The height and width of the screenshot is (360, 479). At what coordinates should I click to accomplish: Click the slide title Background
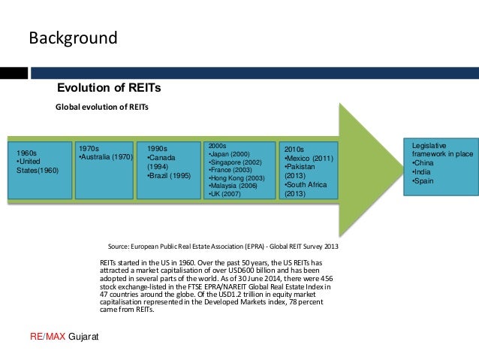click(x=73, y=38)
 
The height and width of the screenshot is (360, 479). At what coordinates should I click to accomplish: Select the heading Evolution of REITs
click(x=114, y=88)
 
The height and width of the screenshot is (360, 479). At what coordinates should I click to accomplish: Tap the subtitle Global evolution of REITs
click(x=103, y=107)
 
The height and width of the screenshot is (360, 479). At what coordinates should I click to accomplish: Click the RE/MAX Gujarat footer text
click(x=65, y=335)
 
